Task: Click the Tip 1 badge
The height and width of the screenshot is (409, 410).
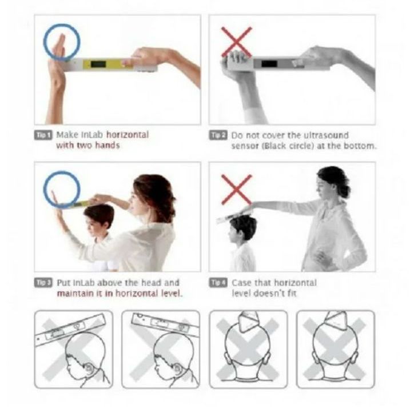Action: coord(43,135)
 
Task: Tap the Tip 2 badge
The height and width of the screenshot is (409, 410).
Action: coord(218,135)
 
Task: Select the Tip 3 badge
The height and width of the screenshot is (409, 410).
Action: coord(43,283)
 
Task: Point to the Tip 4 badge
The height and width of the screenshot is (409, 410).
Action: coord(218,283)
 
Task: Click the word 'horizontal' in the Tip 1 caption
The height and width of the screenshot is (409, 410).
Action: coord(128,135)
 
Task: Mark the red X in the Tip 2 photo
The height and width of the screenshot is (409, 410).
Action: coord(236,42)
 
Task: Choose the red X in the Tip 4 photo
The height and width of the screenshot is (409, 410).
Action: coord(236,190)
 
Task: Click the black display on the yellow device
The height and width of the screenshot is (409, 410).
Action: coord(98,64)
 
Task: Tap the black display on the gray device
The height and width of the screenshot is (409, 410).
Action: coord(269,63)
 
